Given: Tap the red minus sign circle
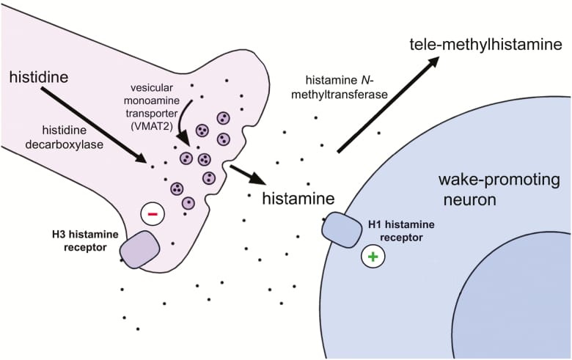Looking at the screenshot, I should click(153, 214).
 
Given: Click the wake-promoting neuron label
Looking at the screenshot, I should click(498, 189).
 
